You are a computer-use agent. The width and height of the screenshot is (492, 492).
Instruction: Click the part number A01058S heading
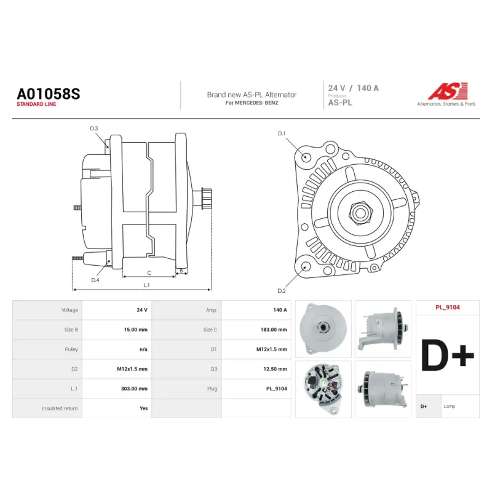coord(49,93)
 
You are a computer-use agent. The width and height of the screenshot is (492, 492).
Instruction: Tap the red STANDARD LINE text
coord(36,104)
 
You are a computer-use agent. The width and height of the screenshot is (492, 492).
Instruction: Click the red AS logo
coord(448,91)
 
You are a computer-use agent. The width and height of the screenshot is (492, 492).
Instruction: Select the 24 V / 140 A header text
coord(353,88)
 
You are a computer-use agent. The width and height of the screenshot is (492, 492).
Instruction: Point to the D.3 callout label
coord(94,129)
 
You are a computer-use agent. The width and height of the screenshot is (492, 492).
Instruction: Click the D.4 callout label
coord(95,280)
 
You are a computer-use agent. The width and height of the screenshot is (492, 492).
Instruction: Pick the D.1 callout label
coord(282,133)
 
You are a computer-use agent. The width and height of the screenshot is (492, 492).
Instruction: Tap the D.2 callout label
coord(282,291)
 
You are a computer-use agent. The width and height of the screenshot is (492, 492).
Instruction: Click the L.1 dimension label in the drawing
coord(146,285)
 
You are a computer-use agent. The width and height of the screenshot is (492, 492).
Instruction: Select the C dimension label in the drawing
coord(149,273)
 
